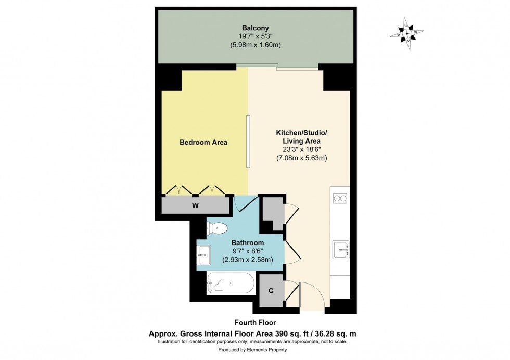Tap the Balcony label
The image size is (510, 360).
coord(256,28)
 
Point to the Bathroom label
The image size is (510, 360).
coord(247,242)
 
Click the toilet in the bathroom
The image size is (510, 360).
coord(218,227)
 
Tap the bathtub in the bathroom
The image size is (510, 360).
coord(230,284)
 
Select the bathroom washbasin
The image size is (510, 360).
coord(204,253)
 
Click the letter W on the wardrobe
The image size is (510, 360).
coord(196,205)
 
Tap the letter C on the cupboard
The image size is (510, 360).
coord(271,291)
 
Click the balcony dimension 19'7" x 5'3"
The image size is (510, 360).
coord(256,36)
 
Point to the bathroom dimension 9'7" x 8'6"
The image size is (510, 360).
coord(247,251)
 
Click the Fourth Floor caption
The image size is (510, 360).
coord(255,323)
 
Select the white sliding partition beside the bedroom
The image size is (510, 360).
coord(248,142)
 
